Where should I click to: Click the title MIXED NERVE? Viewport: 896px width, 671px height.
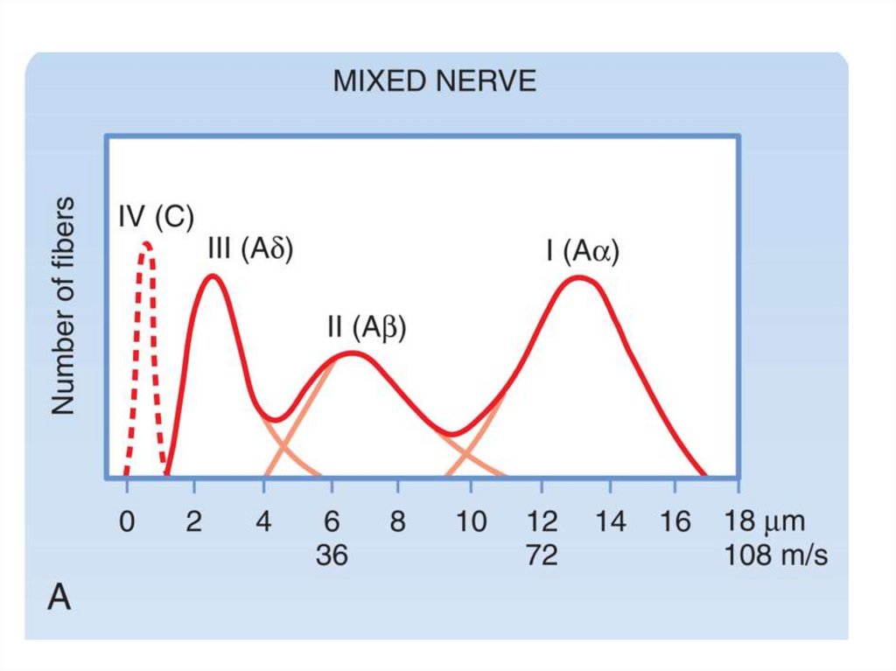click(434, 82)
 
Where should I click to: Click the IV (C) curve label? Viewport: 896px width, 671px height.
click(156, 218)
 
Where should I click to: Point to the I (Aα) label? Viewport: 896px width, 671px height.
click(582, 252)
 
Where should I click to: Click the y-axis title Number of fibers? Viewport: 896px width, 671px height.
click(62, 307)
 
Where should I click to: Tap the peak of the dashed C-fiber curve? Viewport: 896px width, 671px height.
click(146, 244)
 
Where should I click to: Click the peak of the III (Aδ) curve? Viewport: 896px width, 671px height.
click(213, 277)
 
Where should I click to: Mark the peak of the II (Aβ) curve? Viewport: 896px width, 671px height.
click(352, 353)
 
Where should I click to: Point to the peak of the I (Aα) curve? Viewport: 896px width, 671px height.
click(579, 278)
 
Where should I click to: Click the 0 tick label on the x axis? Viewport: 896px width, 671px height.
click(127, 522)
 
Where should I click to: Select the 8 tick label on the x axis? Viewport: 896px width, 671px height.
click(398, 522)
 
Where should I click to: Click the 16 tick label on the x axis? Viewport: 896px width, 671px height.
click(676, 522)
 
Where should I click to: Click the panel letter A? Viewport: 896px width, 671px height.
click(59, 599)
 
